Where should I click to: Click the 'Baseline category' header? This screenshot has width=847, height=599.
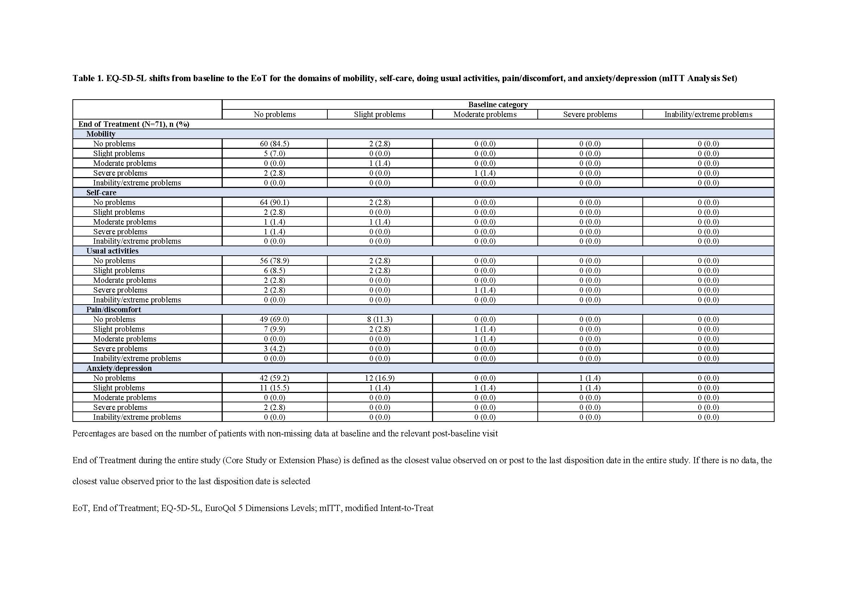point(498,105)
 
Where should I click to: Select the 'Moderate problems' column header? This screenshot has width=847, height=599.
point(485,114)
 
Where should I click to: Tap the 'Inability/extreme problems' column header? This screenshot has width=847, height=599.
point(708,114)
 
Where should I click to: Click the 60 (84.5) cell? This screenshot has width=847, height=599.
point(274,144)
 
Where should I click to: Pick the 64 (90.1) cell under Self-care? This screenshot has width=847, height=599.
point(274,202)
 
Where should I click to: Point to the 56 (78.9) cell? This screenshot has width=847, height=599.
point(274,261)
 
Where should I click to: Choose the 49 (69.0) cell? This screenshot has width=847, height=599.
point(274,319)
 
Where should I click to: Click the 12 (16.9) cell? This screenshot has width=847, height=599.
point(380,378)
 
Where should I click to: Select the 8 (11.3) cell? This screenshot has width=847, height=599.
point(380,319)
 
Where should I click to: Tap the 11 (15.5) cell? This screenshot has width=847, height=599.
point(274,388)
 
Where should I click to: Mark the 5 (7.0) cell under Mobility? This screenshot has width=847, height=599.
point(274,154)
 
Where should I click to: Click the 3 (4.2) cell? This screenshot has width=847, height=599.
point(274,348)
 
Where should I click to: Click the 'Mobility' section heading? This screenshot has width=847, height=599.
point(101,134)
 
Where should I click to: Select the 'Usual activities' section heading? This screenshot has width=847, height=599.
point(113,251)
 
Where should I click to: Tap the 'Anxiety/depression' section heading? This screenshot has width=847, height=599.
point(119,368)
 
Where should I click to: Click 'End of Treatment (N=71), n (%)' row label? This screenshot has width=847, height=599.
point(134,124)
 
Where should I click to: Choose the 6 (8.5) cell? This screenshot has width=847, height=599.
point(274,271)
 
